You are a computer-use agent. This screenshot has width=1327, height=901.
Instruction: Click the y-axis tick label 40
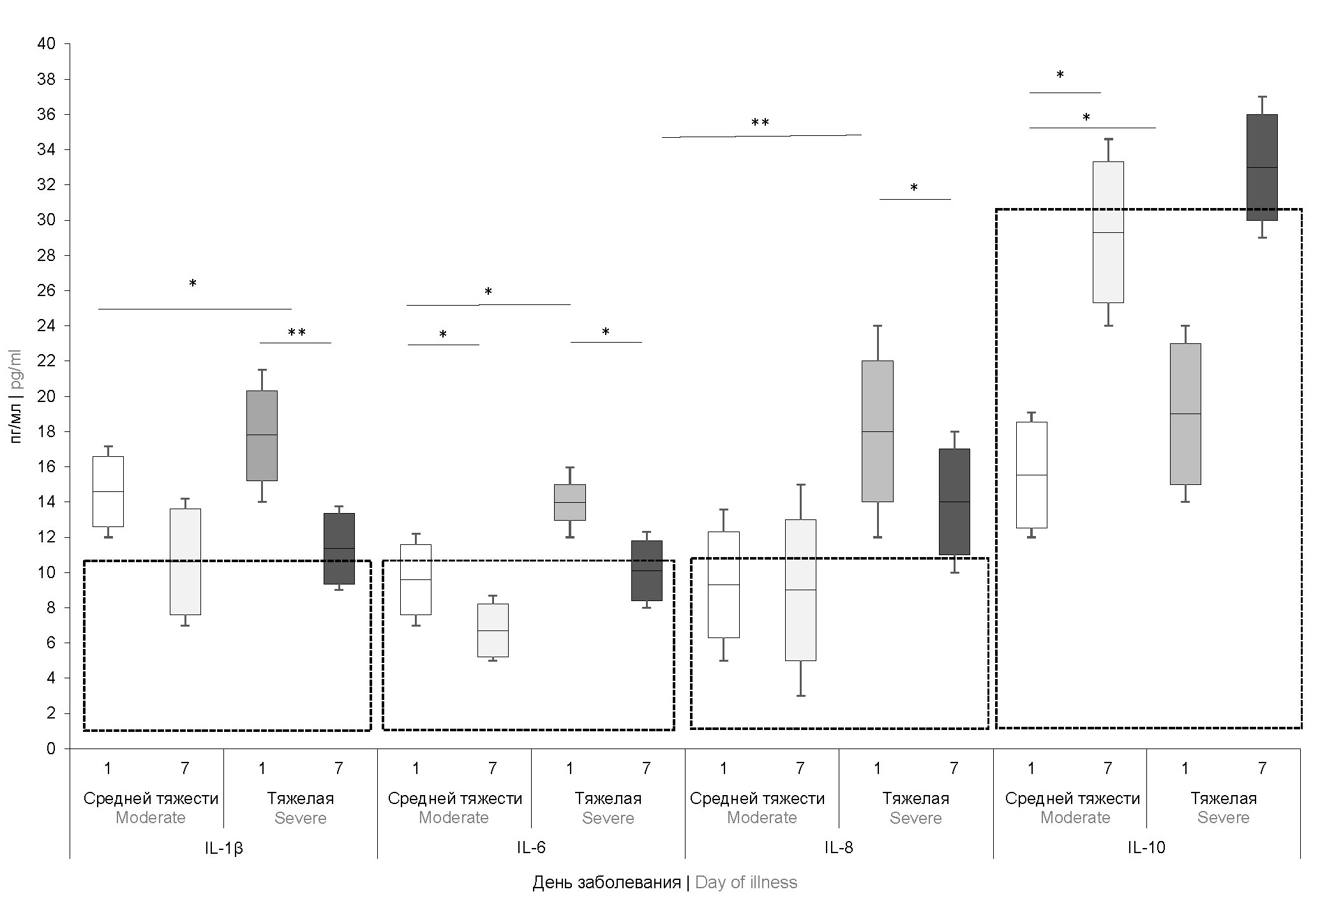point(47,44)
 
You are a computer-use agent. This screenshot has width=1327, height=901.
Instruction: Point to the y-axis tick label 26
point(47,291)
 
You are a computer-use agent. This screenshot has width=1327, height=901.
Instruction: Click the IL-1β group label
point(223,848)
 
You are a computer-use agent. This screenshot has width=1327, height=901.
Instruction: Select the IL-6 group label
point(531,848)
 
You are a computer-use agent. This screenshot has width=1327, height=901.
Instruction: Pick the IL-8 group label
point(839,848)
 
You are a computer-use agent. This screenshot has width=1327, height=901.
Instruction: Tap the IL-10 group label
point(1146,848)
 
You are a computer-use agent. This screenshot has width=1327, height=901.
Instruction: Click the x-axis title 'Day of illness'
point(746,882)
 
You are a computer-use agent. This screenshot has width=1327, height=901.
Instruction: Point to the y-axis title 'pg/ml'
point(16,369)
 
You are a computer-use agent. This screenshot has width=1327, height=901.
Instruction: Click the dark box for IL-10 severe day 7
point(1262,167)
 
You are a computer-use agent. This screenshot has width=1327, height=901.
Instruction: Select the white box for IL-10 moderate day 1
point(1031,475)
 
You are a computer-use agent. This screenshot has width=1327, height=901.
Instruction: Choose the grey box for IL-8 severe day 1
point(877,431)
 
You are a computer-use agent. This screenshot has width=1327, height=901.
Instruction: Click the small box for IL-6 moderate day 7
point(493,630)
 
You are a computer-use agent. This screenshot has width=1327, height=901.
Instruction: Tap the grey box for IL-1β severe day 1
point(262,435)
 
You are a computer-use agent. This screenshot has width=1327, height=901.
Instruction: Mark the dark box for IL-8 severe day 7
point(954,502)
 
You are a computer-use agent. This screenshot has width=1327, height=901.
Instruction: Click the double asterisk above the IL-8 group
point(760,123)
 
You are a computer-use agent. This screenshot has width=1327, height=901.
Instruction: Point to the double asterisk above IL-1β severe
point(296,333)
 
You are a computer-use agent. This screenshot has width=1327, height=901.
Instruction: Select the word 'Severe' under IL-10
point(1223,818)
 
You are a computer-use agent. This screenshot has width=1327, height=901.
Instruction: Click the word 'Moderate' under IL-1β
point(151,818)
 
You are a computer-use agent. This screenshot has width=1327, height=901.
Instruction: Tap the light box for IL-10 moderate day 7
point(1108,232)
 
